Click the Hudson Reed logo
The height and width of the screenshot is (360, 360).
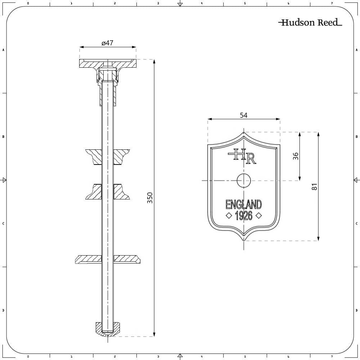(310, 23)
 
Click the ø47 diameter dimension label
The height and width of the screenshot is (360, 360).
(107, 43)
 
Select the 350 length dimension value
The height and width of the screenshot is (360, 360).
(150, 198)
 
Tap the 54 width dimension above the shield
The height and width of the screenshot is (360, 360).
(244, 115)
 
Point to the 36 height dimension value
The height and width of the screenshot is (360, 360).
(296, 156)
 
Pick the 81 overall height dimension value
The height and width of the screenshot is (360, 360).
(314, 187)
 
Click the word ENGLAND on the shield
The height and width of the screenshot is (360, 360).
(243, 204)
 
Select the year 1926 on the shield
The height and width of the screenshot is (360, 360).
(243, 216)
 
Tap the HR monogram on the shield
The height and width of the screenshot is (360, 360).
(242, 156)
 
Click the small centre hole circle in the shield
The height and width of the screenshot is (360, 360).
(243, 180)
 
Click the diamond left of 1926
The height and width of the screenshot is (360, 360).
(228, 216)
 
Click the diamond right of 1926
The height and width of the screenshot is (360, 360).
(258, 216)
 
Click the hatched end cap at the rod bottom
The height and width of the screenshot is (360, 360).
(107, 329)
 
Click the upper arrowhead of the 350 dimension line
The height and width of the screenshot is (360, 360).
(154, 62)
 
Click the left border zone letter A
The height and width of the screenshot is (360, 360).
(3, 50)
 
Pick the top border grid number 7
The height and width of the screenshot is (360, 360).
(332, 3)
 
